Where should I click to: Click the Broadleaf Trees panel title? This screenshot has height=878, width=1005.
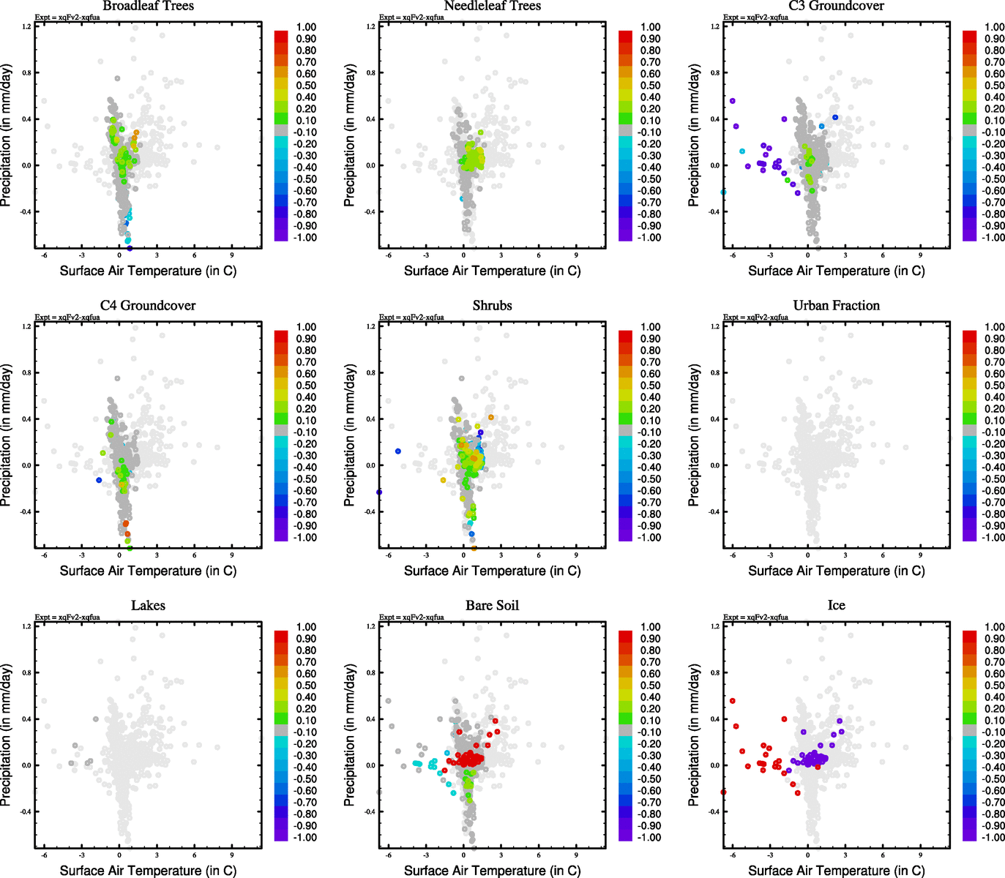(148, 7)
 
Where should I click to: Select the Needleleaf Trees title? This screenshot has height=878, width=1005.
(492, 7)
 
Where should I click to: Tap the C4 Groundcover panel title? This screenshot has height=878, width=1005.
(148, 306)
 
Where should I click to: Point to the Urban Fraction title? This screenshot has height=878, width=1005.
(836, 306)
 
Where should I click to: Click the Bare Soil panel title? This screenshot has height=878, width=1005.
(492, 606)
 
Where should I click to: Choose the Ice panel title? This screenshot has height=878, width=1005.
(836, 606)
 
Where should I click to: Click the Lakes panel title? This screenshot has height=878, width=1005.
(148, 606)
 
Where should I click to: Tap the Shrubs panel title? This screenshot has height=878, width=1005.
(492, 306)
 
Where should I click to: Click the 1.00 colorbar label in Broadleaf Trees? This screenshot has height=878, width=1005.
(306, 27)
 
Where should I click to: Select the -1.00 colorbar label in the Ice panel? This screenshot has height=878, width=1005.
(993, 838)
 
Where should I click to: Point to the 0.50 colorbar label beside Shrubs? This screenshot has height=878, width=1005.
(650, 386)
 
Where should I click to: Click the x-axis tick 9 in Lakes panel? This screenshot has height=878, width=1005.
(232, 855)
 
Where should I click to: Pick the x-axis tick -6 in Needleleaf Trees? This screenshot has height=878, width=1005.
(388, 255)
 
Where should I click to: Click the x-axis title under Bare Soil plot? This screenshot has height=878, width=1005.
(492, 871)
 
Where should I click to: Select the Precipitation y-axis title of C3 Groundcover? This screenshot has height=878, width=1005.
(695, 135)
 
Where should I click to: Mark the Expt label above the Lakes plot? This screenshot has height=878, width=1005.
(67, 618)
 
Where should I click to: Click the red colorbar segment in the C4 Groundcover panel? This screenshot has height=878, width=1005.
(281, 337)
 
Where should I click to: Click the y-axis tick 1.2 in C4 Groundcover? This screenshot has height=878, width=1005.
(27, 326)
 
